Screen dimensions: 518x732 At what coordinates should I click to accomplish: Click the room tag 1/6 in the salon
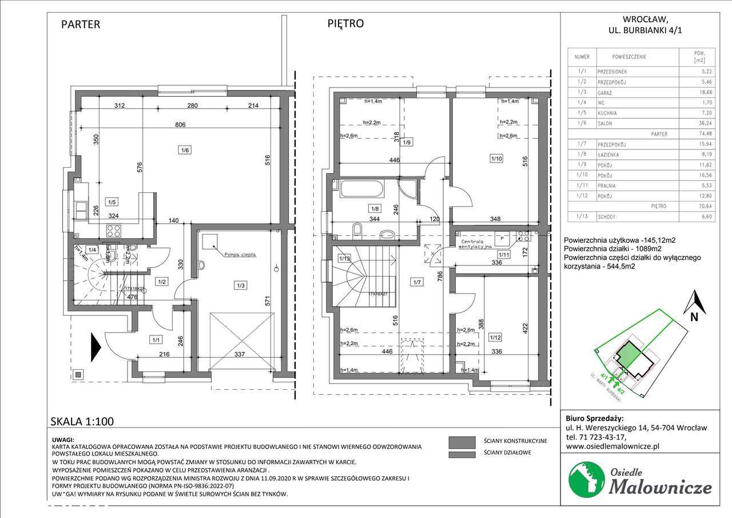185,150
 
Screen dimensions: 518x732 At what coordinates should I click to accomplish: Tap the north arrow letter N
693,315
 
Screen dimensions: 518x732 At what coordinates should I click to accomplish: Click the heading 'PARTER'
81,24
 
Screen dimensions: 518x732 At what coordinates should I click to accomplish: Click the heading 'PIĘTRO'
345,23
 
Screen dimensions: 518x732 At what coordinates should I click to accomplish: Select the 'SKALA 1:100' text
83,422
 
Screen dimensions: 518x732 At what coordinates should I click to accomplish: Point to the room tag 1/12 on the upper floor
495,338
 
